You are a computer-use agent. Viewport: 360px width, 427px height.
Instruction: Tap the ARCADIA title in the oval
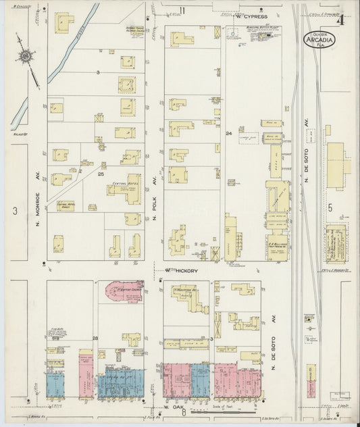[319, 39]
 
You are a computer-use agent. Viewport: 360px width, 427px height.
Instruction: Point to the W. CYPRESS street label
[252, 16]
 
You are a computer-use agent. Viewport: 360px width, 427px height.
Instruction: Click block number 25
[101, 174]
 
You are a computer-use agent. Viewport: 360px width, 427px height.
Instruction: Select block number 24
[229, 134]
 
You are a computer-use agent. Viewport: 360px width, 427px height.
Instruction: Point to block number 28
[95, 338]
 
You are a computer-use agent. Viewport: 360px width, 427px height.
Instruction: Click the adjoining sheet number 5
[330, 208]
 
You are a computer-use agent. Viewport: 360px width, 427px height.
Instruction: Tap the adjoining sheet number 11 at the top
[182, 9]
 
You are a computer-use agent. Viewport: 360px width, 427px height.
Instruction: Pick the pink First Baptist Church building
[124, 291]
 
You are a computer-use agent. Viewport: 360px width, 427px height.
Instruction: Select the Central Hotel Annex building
[66, 205]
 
